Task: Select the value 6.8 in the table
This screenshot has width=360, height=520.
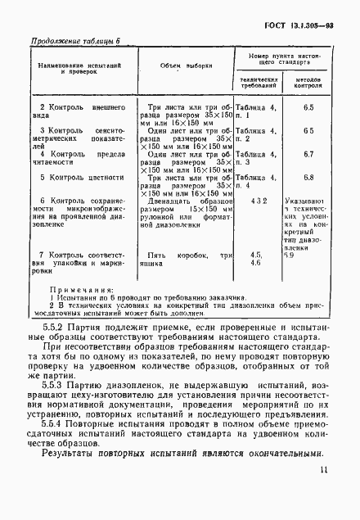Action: [308, 177]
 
